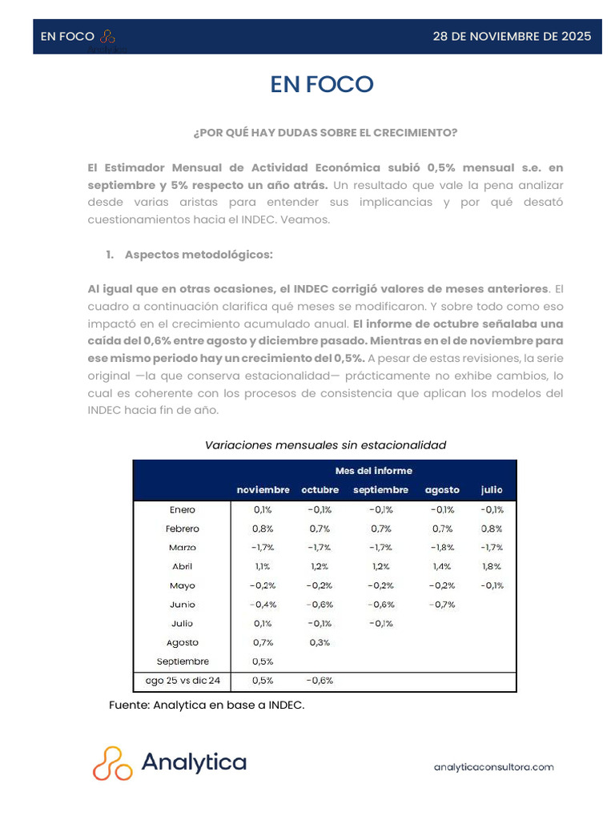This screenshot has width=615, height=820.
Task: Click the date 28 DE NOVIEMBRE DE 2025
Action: (x=512, y=36)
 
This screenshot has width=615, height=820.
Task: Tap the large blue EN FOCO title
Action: (x=322, y=84)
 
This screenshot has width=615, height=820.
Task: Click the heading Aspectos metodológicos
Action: (x=199, y=255)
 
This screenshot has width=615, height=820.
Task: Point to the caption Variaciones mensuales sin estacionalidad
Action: (x=325, y=444)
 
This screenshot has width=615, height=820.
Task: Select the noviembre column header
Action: (x=263, y=490)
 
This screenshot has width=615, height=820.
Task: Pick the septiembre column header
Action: (x=380, y=490)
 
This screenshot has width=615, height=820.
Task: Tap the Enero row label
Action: (x=183, y=510)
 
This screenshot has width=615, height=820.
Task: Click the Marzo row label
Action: (x=183, y=548)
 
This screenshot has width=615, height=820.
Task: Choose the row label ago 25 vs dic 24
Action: (x=183, y=681)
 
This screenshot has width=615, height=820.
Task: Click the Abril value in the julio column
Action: (x=492, y=566)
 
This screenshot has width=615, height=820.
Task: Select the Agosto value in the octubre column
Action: (x=320, y=642)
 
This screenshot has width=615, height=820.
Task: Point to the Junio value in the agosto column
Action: (x=442, y=605)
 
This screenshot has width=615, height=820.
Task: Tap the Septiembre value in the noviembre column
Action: (x=263, y=661)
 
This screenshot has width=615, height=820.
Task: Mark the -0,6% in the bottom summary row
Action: (x=320, y=681)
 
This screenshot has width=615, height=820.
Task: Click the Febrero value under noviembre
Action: (x=263, y=529)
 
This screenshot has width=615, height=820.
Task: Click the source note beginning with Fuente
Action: (x=207, y=705)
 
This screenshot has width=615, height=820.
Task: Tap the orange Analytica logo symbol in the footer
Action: (x=112, y=763)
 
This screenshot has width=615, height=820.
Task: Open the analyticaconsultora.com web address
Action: (x=493, y=767)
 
